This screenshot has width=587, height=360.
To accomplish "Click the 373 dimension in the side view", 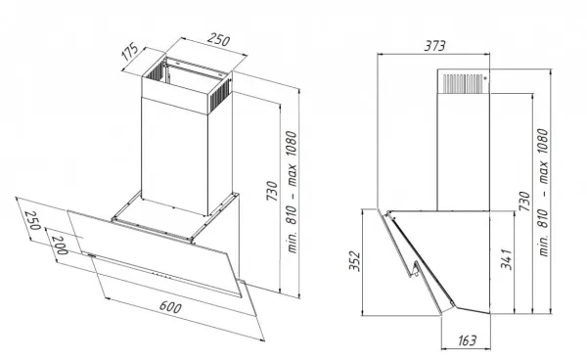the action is [x=434, y=46].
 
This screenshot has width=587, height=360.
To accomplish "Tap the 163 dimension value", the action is [x=467, y=340].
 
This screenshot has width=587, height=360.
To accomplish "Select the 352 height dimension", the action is [x=354, y=261].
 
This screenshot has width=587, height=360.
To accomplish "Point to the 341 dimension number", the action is [x=506, y=259].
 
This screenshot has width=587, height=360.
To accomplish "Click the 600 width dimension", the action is [x=170, y=307].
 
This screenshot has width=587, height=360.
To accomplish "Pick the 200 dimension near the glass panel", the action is [x=60, y=246].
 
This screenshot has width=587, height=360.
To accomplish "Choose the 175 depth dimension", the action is [x=130, y=53].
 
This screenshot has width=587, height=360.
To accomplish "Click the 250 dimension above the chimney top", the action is [x=218, y=40].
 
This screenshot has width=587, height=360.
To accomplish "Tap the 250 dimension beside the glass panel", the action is [x=32, y=220].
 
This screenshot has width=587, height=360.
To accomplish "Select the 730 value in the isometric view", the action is [x=272, y=191].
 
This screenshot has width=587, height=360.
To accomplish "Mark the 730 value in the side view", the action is [x=524, y=201].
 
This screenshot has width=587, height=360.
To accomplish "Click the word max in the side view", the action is [x=542, y=173].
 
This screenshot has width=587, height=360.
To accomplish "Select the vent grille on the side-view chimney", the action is [x=463, y=83].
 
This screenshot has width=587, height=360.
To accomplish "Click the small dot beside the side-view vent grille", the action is [x=485, y=78].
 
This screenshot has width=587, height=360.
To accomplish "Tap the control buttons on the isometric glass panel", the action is [x=161, y=276].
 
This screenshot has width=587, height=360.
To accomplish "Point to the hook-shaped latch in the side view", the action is [x=415, y=269].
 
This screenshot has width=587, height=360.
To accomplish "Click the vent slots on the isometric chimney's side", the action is [x=218, y=97].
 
